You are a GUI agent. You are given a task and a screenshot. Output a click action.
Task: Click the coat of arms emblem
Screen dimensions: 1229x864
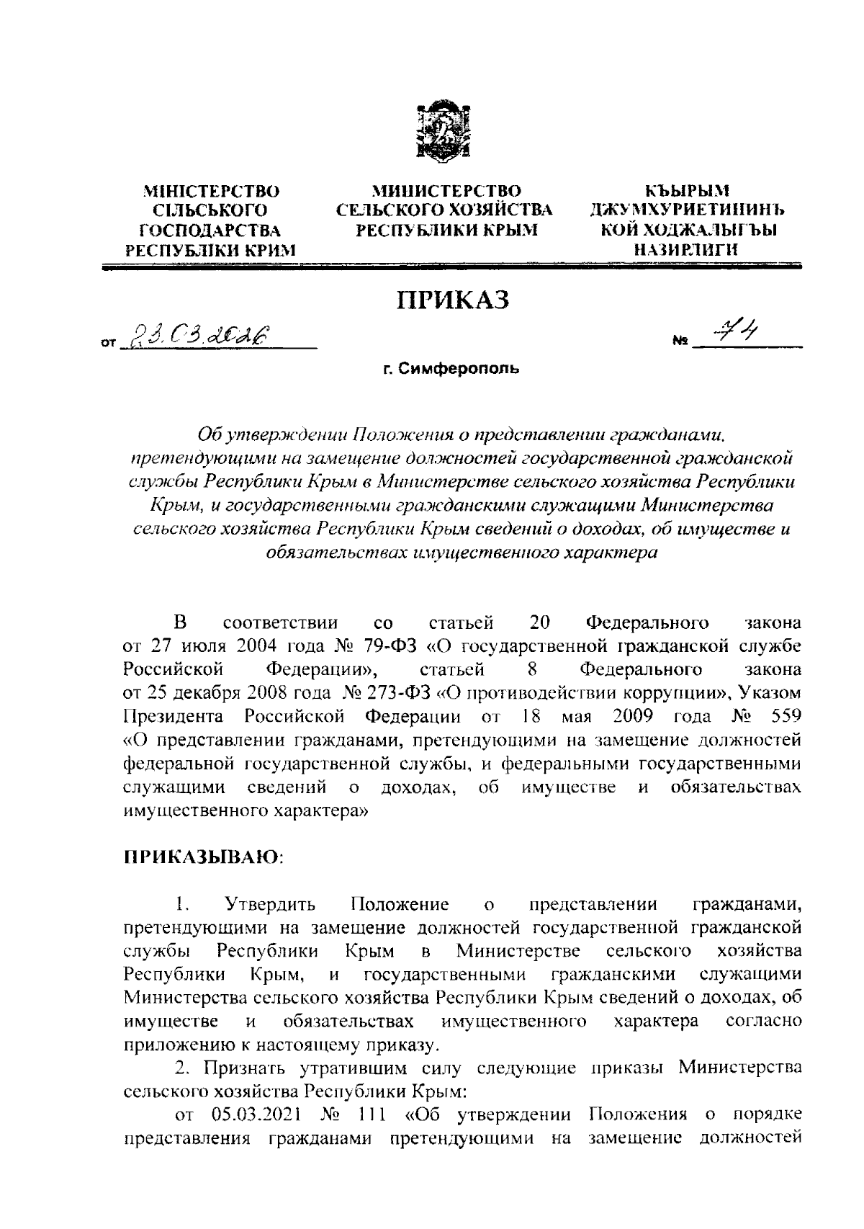tap(444, 130)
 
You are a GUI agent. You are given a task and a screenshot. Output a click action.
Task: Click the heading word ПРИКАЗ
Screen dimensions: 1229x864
tap(454, 300)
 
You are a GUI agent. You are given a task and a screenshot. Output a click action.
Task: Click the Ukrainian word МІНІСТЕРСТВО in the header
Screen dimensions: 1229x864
tap(212, 192)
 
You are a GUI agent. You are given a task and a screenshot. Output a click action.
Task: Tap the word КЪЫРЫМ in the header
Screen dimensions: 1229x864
tap(687, 192)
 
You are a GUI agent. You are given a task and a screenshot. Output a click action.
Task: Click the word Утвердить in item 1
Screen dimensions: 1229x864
tap(270, 903)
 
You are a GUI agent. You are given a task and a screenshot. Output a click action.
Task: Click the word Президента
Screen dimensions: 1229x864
tap(173, 717)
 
